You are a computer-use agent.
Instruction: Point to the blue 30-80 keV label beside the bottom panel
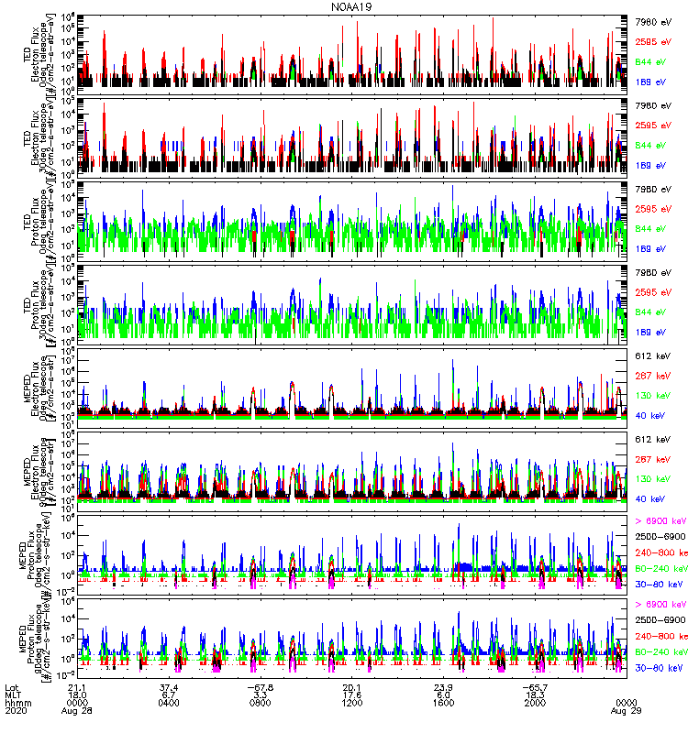point(659,669)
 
